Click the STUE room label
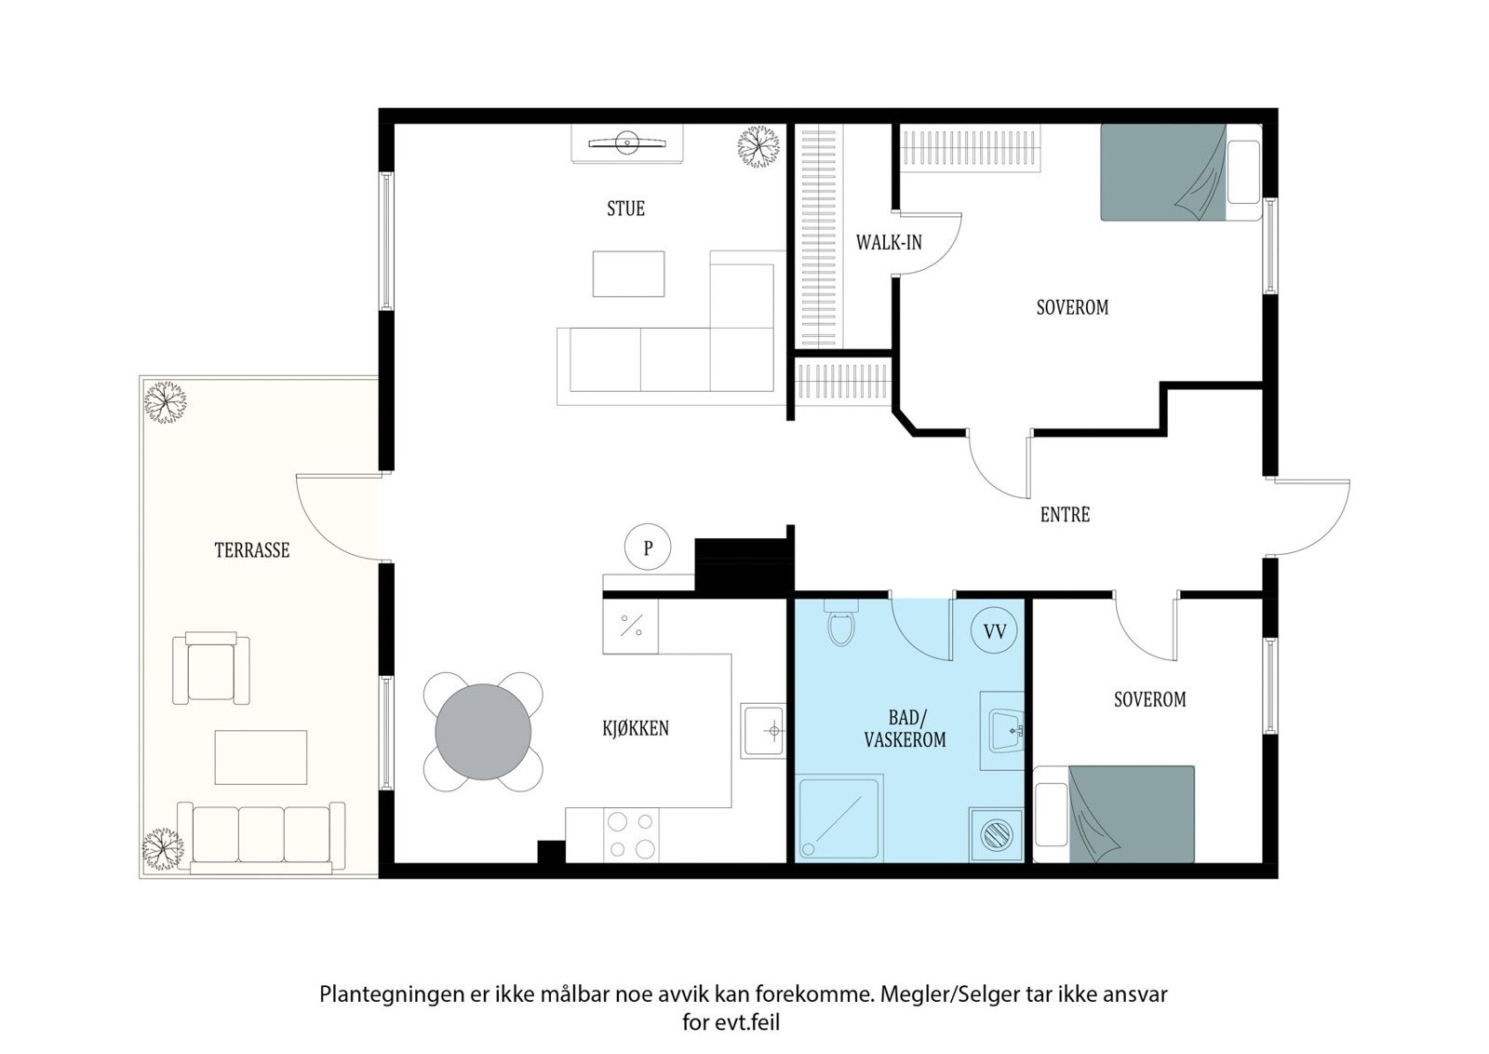coord(625,209)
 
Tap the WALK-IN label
coord(889,243)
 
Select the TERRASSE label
coord(252,550)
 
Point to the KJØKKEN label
coord(636,728)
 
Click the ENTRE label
coord(1065,515)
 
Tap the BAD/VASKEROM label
coord(905,729)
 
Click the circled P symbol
coord(648,547)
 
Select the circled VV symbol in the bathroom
coord(995,631)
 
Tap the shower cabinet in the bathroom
coord(838,818)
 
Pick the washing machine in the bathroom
coord(996,835)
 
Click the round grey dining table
coord(483,732)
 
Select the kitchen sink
coord(763,731)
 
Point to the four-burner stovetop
coord(632,836)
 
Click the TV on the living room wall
coord(627,142)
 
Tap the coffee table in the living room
coord(628,274)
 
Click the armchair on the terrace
coord(211,668)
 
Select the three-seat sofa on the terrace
coord(262,837)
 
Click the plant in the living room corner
coord(758,146)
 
